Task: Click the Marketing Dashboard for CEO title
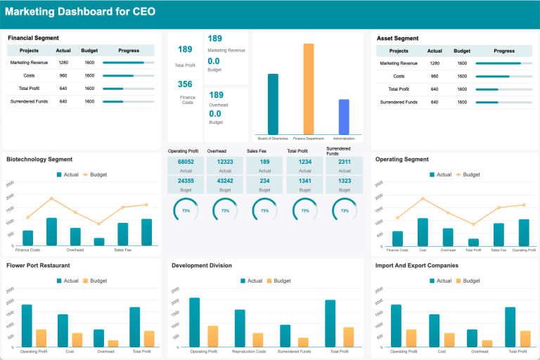coord(81,12)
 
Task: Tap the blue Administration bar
coord(344,117)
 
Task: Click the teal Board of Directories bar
coord(273,103)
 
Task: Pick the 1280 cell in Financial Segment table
coord(63,63)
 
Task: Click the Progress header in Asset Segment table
coord(503,51)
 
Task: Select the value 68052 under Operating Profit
coord(186,162)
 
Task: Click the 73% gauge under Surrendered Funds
coord(344,210)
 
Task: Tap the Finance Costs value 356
coord(185,84)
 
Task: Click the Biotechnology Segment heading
coord(39,159)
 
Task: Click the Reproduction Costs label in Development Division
coord(239,351)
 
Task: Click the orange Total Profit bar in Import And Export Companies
coord(525,339)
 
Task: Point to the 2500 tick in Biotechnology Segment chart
coord(10,184)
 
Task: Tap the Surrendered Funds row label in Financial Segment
coord(29,102)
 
